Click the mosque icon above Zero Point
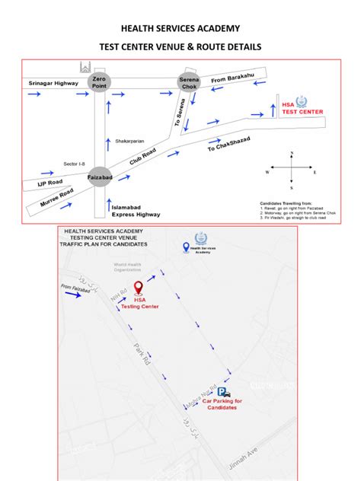85,66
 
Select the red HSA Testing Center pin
138,288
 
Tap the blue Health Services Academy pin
187,247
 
